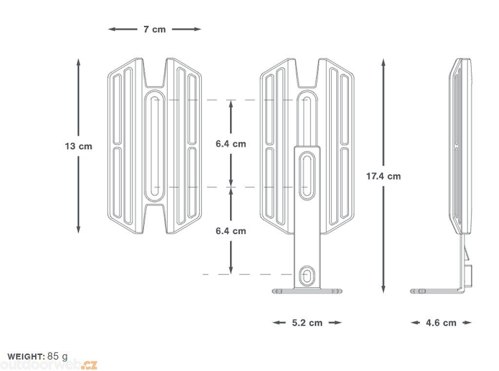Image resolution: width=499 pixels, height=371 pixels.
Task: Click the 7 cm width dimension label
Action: coord(154,29)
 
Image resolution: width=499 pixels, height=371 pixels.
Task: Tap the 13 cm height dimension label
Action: coord(78,146)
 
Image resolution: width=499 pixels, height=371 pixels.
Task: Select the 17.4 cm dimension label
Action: coord(384,176)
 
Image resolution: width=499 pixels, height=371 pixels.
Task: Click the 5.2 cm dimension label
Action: coord(307,323)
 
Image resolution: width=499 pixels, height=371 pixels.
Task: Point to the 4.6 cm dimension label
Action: coord(441,323)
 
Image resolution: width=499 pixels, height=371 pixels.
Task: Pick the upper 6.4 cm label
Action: coord(231,144)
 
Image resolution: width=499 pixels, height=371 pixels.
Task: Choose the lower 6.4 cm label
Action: coord(231,231)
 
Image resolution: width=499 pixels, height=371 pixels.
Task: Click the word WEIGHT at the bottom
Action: coord(26,356)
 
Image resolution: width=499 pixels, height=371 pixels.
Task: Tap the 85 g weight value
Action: coord(58,356)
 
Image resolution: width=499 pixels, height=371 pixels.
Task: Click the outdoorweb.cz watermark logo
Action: coord(49,364)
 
